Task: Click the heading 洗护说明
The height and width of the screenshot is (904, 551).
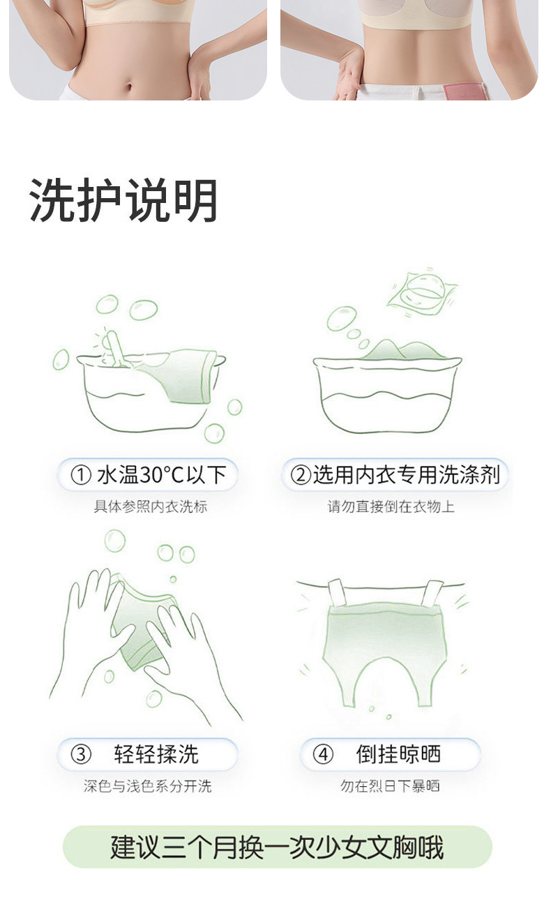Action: click(123, 201)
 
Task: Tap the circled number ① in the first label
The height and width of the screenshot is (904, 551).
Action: click(81, 475)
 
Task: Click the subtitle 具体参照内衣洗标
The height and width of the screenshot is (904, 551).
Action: click(151, 506)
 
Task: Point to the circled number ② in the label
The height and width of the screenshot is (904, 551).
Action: click(301, 475)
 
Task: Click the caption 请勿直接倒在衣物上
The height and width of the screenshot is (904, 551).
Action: click(391, 506)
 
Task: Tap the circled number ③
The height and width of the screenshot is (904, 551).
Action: click(81, 754)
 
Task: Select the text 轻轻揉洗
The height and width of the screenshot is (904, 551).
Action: click(156, 754)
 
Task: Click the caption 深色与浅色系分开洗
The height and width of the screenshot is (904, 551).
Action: click(148, 785)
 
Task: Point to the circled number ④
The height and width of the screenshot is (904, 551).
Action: click(324, 754)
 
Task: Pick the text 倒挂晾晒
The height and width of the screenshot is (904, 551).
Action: click(398, 754)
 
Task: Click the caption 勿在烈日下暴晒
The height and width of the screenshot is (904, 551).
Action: click(390, 785)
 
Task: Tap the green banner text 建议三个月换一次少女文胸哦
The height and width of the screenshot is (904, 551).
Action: click(277, 846)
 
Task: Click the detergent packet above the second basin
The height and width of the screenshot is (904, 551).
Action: click(422, 292)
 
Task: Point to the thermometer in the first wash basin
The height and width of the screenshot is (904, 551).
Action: click(116, 349)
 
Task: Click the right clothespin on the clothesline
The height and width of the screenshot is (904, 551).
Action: click(432, 593)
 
